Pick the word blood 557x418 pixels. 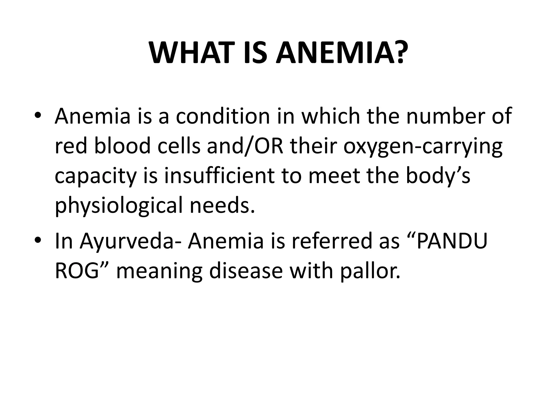[122, 146]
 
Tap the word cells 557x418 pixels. [179, 146]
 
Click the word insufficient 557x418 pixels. [219, 176]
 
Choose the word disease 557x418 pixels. [246, 271]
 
